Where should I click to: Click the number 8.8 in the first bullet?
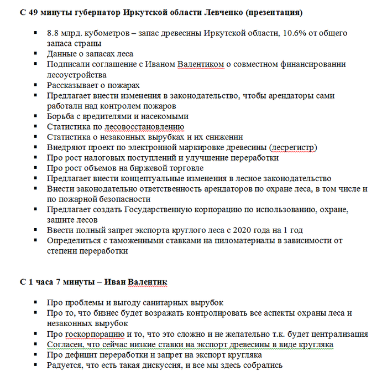tap(54, 33)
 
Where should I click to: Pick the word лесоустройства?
tap(77, 74)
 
